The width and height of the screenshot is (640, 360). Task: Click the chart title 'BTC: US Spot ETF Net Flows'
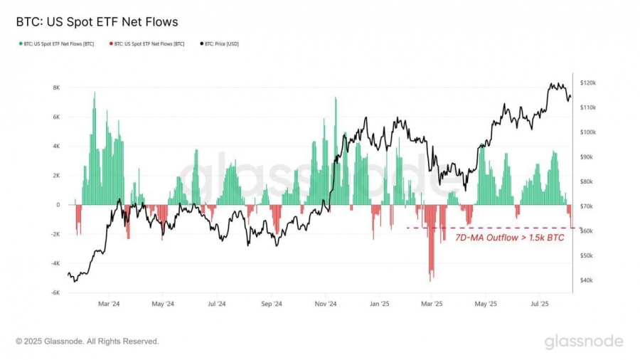coord(97,22)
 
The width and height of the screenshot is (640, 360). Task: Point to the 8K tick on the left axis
coord(55,88)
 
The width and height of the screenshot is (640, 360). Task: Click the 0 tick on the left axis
coord(58,205)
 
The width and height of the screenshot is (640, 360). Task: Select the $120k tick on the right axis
coord(588,83)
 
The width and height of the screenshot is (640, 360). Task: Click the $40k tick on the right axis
coord(587,280)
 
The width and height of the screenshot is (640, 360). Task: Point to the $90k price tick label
coord(587,157)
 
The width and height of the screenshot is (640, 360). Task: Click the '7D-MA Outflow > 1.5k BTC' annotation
coord(509,238)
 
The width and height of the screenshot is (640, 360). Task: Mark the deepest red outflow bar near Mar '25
coord(431,274)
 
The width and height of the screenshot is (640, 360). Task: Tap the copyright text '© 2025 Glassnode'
coord(87,342)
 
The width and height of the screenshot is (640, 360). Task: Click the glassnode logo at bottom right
coord(583,342)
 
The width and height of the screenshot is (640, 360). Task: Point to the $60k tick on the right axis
coord(587,231)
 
